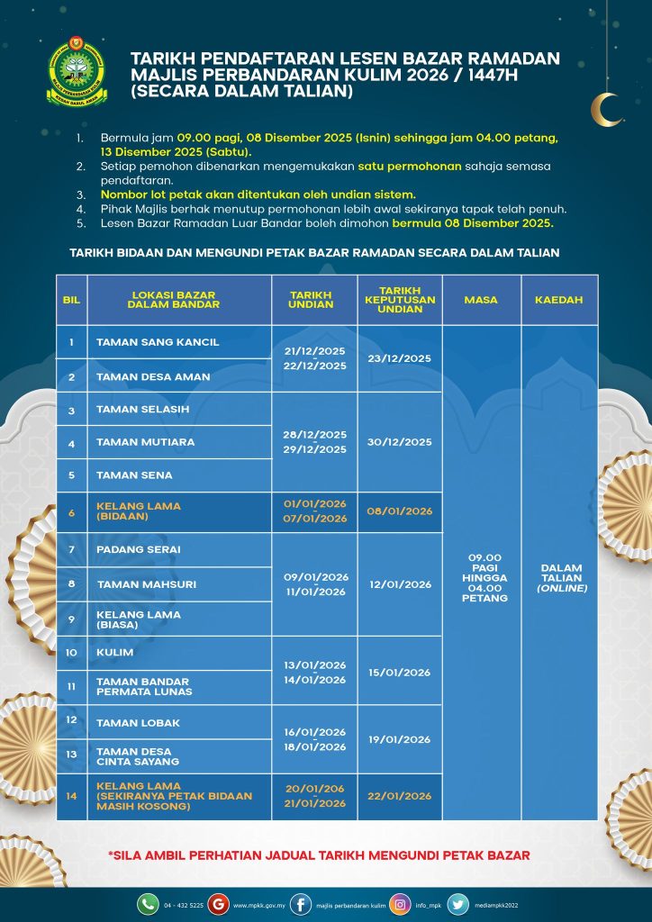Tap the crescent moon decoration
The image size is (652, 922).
605,108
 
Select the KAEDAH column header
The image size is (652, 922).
558,299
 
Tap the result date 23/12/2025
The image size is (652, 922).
400,358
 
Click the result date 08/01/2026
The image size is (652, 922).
400,511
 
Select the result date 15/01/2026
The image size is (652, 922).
400,672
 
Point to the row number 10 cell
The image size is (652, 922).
71,652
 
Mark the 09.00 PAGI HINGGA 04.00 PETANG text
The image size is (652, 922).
481,578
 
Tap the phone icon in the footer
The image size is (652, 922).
148,903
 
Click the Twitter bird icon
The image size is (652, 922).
457,903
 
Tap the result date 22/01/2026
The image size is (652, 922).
400,796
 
